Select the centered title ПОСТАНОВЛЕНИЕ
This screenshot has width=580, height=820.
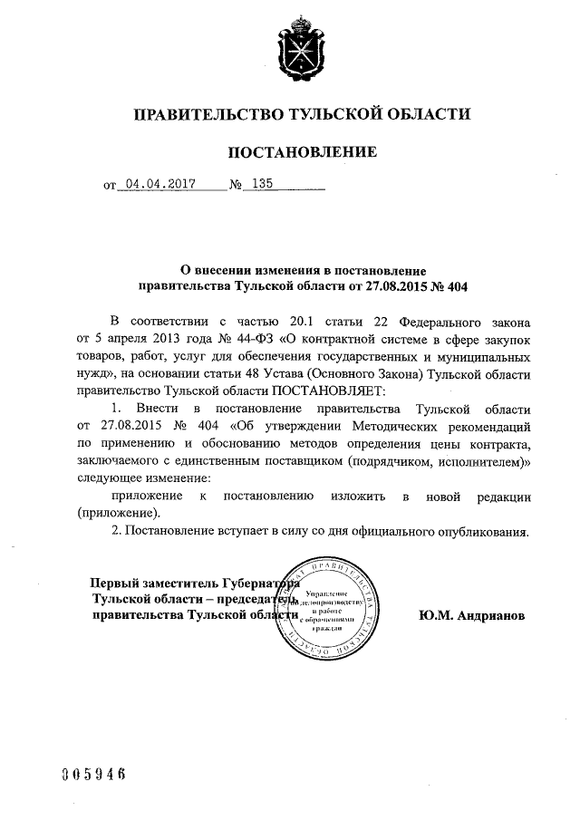[x=301, y=151]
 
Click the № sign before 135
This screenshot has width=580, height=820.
[x=237, y=184]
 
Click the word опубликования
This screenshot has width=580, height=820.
[x=481, y=530]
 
